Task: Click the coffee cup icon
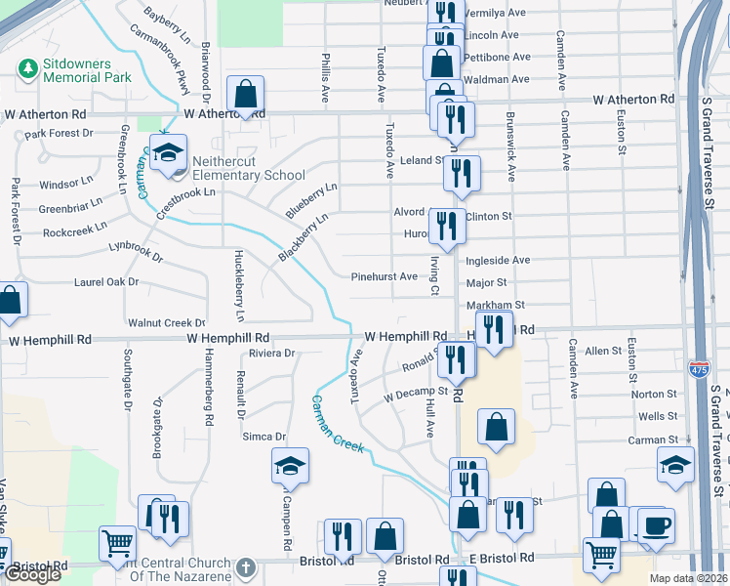pyautogui.click(x=654, y=523)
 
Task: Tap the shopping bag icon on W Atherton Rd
pyautogui.click(x=245, y=95)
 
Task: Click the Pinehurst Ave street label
pyautogui.click(x=385, y=276)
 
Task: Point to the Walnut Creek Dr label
pyautogui.click(x=167, y=322)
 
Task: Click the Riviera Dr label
pyautogui.click(x=271, y=353)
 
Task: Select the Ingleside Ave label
pyautogui.click(x=498, y=261)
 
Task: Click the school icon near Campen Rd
pyautogui.click(x=290, y=466)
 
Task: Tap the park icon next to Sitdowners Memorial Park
pyautogui.click(x=26, y=69)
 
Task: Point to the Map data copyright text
pyautogui.click(x=688, y=578)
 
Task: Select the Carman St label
pyautogui.click(x=653, y=440)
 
